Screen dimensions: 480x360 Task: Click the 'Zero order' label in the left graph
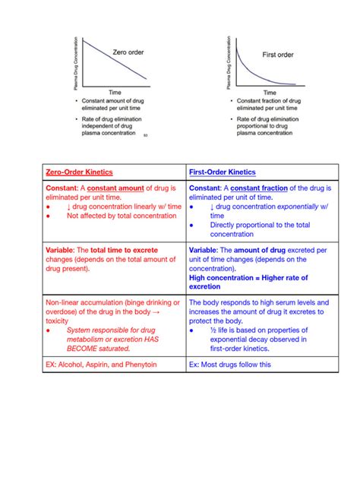(x=128, y=52)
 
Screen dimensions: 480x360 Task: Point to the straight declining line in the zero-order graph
(x=114, y=60)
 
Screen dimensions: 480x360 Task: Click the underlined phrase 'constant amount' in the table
(x=122, y=188)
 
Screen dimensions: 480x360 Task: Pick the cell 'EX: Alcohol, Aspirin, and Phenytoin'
(x=104, y=365)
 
